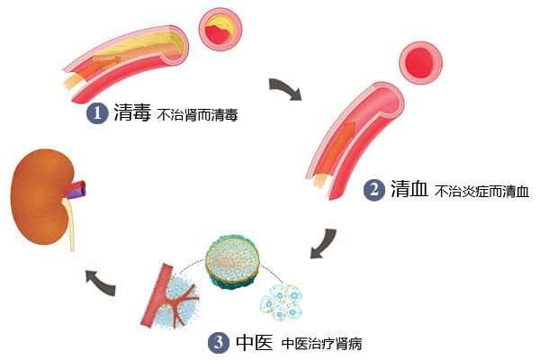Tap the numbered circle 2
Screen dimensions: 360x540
click(374, 191)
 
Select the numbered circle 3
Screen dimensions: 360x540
click(218, 342)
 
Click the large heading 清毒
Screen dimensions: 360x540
click(131, 113)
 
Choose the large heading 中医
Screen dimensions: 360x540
click(252, 342)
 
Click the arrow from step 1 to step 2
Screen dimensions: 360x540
click(287, 88)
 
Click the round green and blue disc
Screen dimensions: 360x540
click(235, 263)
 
